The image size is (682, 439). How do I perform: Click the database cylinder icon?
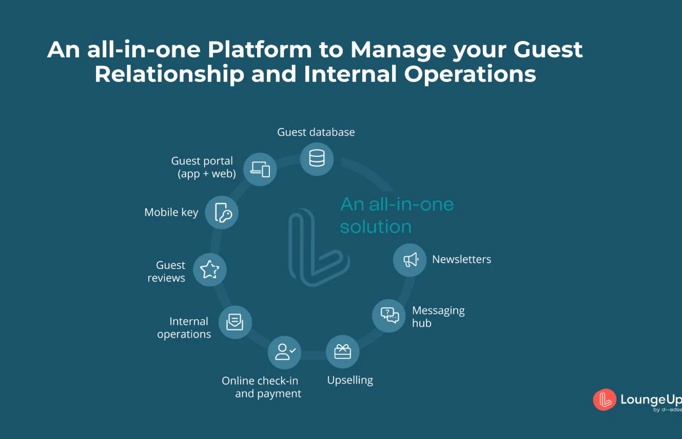click(317, 158)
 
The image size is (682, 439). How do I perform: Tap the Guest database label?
click(316, 132)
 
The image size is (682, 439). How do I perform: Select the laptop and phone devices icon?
click(260, 169)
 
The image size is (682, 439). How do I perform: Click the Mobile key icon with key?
click(223, 213)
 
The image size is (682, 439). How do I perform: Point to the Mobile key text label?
click(171, 212)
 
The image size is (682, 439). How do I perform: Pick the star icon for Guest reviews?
click(209, 269)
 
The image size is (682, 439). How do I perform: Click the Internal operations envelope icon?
click(235, 322)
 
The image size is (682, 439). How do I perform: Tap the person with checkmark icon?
click(285, 352)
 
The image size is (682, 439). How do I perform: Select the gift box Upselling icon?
click(342, 352)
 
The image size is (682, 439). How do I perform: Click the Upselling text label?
click(350, 380)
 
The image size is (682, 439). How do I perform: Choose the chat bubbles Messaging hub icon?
click(389, 315)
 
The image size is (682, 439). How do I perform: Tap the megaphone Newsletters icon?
click(410, 260)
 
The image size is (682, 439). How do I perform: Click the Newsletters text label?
click(461, 259)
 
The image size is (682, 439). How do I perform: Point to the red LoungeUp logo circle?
click(605, 400)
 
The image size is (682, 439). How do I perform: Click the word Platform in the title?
click(260, 50)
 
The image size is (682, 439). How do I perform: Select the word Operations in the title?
click(470, 74)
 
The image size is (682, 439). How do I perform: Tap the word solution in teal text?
click(376, 227)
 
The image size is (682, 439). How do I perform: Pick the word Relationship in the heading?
click(169, 74)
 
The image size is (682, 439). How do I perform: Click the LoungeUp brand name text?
click(651, 399)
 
